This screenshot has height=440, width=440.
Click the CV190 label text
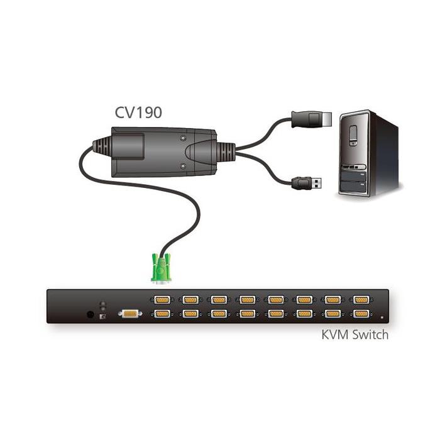(x=138, y=113)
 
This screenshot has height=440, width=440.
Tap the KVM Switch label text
(x=355, y=335)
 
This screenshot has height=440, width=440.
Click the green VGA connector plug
(x=161, y=268)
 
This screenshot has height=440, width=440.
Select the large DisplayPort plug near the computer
(x=312, y=119)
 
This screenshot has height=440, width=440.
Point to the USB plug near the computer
(x=307, y=184)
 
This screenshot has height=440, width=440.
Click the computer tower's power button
(x=353, y=135)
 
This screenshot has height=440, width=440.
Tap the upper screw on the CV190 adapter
(x=183, y=138)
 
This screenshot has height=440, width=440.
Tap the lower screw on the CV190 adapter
(x=183, y=167)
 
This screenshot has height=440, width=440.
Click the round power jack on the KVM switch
(x=90, y=314)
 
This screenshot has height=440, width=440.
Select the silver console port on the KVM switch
(x=130, y=314)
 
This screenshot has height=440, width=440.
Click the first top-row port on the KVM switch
(x=162, y=300)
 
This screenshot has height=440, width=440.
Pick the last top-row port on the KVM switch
(x=361, y=300)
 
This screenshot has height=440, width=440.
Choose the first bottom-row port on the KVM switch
(x=162, y=314)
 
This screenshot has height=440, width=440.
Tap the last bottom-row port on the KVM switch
(x=361, y=314)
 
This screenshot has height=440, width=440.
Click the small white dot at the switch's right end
(x=382, y=317)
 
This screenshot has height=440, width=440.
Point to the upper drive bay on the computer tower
(x=354, y=177)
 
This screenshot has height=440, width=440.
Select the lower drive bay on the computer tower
(x=354, y=187)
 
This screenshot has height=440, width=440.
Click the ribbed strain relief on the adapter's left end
(x=102, y=147)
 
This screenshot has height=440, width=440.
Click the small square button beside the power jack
(x=102, y=317)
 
